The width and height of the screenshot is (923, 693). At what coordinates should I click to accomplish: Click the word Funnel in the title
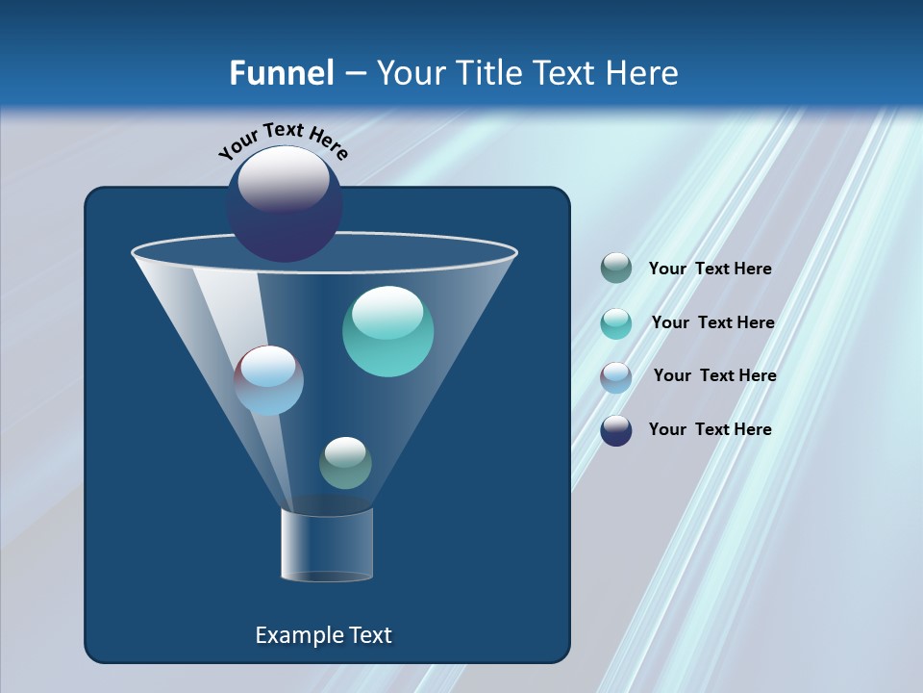[x=282, y=73]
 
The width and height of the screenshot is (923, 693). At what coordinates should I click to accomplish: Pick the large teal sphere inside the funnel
[x=387, y=331]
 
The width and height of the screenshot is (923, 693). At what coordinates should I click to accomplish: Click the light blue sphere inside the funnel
[x=269, y=380]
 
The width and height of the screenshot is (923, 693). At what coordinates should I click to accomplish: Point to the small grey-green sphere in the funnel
[x=345, y=463]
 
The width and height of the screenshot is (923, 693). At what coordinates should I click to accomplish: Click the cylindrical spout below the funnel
[x=327, y=545]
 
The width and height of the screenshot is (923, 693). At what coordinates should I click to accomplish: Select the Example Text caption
[x=324, y=635]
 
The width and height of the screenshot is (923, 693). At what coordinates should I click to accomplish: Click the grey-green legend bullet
[x=616, y=269]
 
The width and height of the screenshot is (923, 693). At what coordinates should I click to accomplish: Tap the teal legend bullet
[x=616, y=322]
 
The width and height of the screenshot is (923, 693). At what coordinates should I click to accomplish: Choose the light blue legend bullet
[x=616, y=376]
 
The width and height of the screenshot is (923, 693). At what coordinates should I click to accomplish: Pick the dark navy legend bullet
[x=616, y=430]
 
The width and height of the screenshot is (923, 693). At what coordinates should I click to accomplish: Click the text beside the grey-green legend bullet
[x=710, y=269]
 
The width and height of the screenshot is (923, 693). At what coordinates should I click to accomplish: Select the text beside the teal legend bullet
[x=712, y=323]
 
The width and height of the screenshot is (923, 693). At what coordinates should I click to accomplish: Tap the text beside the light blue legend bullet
[x=714, y=376]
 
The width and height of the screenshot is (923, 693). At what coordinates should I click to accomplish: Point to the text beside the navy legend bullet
[x=710, y=430]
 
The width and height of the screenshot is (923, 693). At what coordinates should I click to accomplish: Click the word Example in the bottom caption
[x=294, y=635]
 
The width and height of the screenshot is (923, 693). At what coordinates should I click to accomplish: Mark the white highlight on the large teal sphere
[x=387, y=313]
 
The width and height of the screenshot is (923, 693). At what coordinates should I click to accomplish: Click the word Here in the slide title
[x=643, y=73]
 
